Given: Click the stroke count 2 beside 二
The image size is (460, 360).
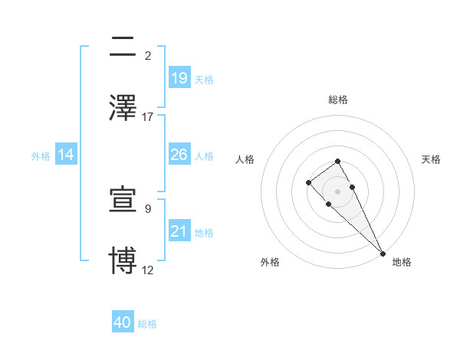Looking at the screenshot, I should pyautogui.click(x=148, y=56).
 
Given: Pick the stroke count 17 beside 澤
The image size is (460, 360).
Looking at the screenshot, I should pyautogui.click(x=148, y=116).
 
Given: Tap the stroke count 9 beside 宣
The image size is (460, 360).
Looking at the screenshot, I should pyautogui.click(x=148, y=208).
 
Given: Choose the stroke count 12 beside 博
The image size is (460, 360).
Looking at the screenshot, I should pyautogui.click(x=148, y=270).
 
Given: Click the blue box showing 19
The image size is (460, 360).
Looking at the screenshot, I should pyautogui.click(x=179, y=77).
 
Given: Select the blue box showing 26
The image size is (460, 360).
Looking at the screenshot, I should pyautogui.click(x=179, y=155).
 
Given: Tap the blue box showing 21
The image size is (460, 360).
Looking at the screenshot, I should pyautogui.click(x=179, y=231).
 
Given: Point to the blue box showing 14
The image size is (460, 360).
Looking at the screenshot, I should pyautogui.click(x=66, y=155).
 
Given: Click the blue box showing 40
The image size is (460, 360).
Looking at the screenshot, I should pyautogui.click(x=123, y=322).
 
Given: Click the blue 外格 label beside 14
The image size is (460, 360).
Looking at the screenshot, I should pyautogui.click(x=41, y=155).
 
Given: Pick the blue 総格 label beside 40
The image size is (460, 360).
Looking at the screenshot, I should pyautogui.click(x=147, y=324).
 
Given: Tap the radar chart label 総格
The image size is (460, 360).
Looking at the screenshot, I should pyautogui.click(x=338, y=100).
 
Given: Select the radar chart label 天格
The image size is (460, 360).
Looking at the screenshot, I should pyautogui.click(x=431, y=159).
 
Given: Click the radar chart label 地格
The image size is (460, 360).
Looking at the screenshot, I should pyautogui.click(x=402, y=262).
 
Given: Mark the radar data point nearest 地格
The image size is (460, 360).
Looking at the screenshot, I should pyautogui.click(x=383, y=253).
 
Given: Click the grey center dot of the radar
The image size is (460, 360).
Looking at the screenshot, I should pyautogui.click(x=338, y=191).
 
